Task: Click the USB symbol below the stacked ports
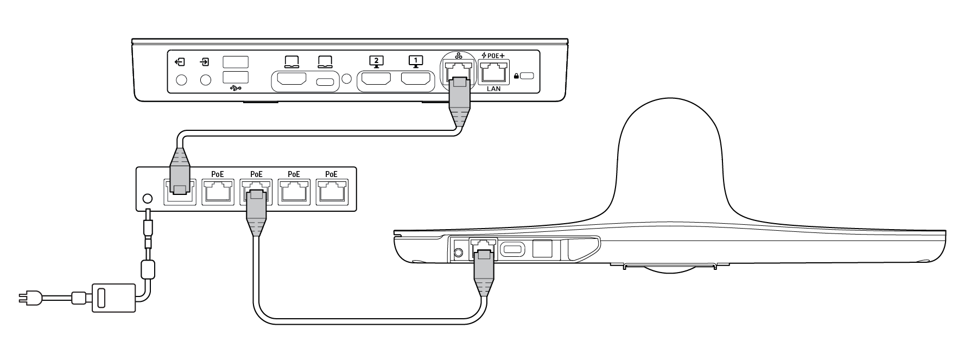(235, 88)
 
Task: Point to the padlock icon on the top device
(516, 77)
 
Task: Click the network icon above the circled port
(459, 56)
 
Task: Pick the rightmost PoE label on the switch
(331, 174)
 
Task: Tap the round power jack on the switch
(147, 199)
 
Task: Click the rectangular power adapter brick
(113, 297)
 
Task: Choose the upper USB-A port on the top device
(236, 61)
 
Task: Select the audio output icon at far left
(181, 62)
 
